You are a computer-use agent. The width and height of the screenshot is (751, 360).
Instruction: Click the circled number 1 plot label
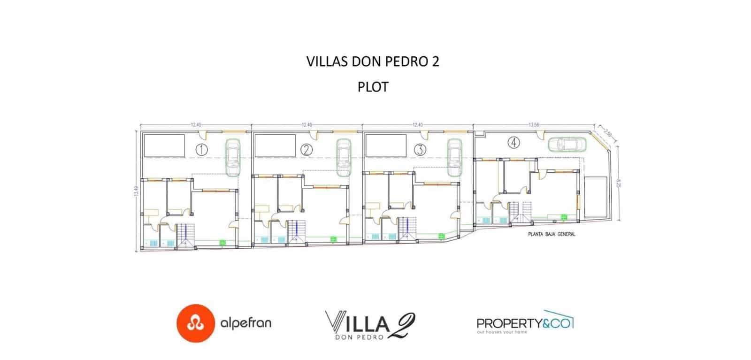pyautogui.click(x=201, y=150)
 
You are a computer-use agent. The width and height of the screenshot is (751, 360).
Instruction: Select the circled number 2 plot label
pyautogui.click(x=306, y=150)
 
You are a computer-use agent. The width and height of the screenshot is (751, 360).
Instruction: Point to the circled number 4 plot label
pyautogui.click(x=515, y=142)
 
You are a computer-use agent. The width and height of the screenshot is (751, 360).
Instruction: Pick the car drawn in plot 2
pyautogui.click(x=344, y=157)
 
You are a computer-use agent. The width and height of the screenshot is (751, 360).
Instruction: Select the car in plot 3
pyautogui.click(x=454, y=157)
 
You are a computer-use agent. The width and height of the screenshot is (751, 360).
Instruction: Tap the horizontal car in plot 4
pyautogui.click(x=567, y=144)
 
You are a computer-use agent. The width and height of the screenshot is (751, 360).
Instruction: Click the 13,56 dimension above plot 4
pyautogui.click(x=534, y=125)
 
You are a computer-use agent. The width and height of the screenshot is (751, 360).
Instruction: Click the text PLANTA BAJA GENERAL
pyautogui.click(x=551, y=234)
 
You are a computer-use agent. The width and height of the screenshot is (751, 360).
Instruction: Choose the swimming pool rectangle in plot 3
pyautogui.click(x=386, y=146)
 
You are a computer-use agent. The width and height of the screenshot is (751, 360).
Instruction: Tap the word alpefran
pyautogui.click(x=245, y=323)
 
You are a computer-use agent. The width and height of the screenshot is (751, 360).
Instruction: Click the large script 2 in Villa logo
pyautogui.click(x=402, y=324)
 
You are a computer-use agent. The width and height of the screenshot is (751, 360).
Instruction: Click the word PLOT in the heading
pyautogui.click(x=373, y=87)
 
